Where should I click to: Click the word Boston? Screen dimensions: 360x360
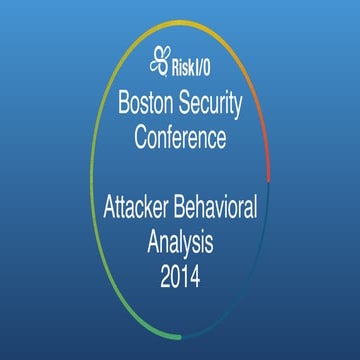(x=149, y=102)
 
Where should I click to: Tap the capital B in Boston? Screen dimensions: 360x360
(x=124, y=102)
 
